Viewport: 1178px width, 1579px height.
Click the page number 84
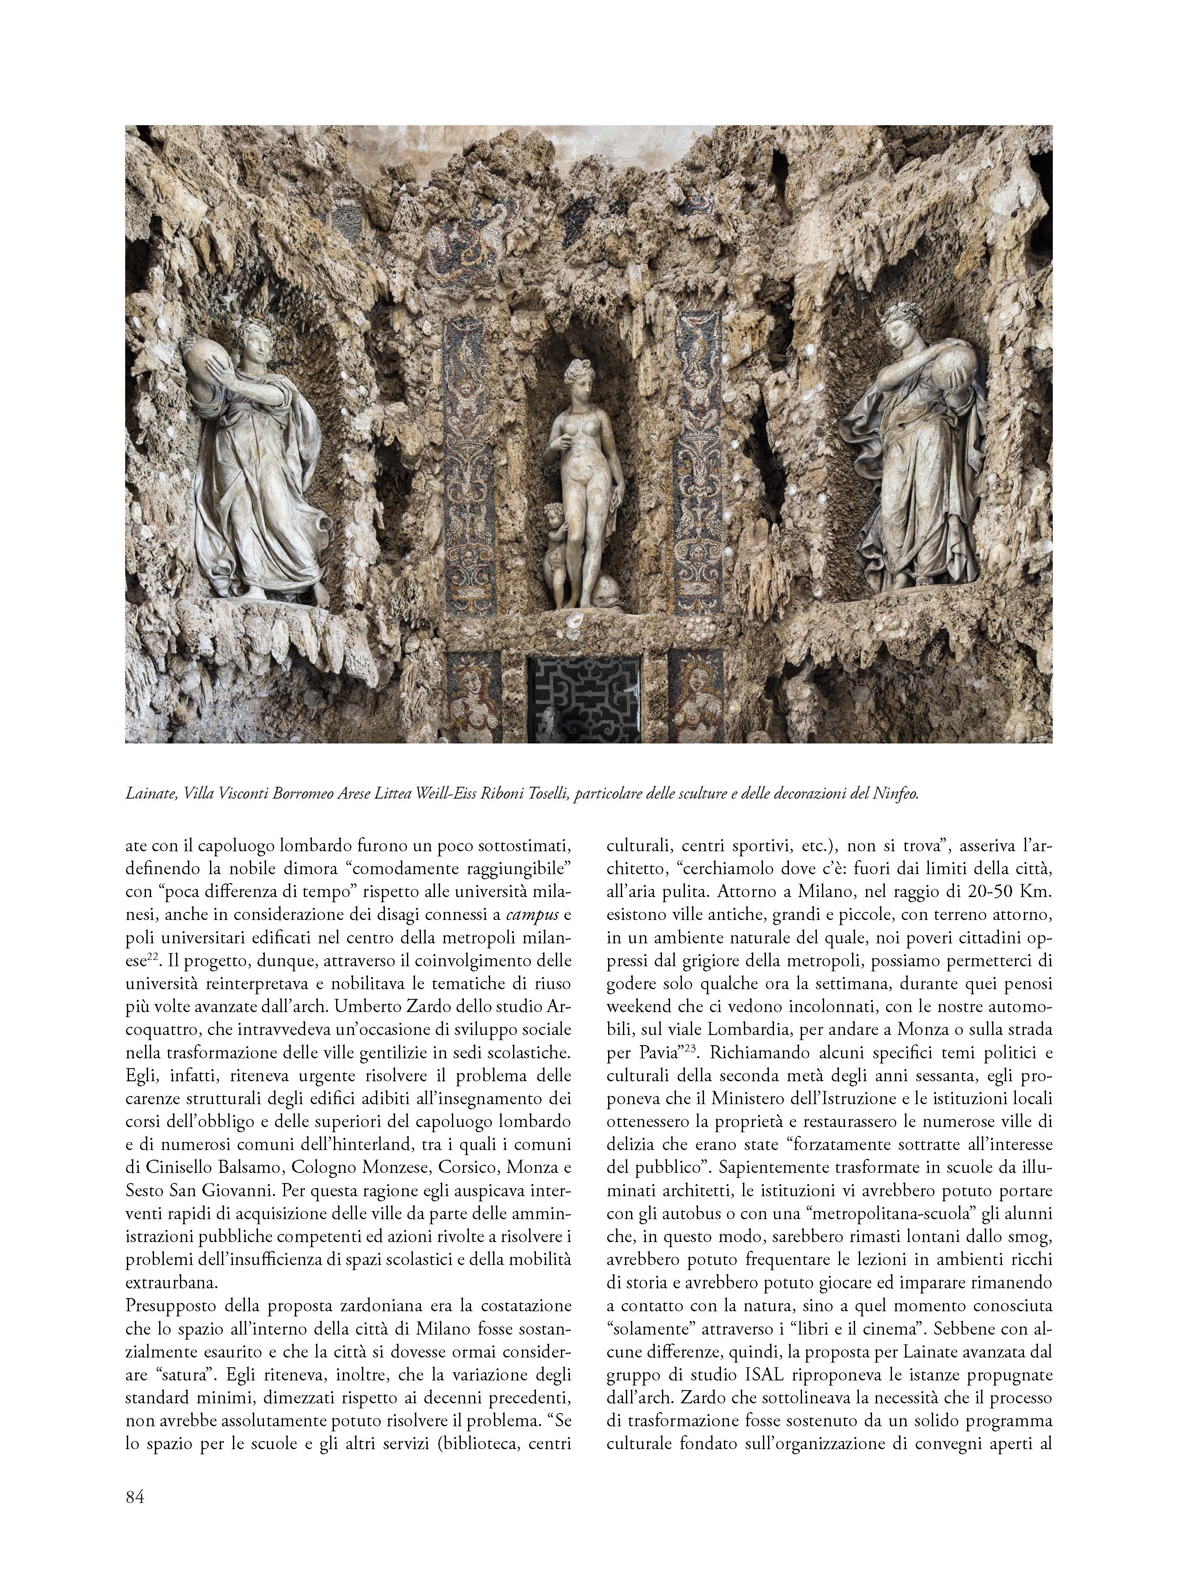pyautogui.click(x=135, y=1496)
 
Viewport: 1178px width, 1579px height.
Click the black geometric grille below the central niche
pyautogui.click(x=583, y=698)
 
